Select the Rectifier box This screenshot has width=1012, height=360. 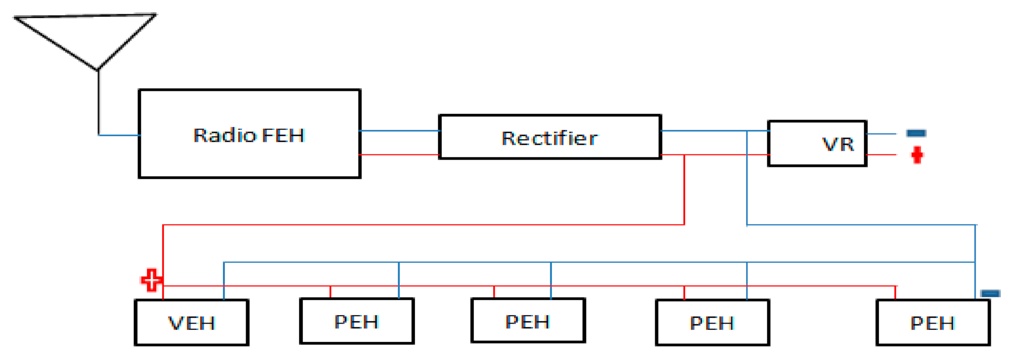[549, 137]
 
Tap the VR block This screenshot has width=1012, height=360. [817, 143]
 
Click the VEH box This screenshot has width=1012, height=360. [191, 323]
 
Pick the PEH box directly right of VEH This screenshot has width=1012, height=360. [357, 321]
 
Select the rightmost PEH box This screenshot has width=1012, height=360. [933, 323]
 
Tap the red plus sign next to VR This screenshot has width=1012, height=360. [917, 155]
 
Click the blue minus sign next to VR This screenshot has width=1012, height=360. [916, 133]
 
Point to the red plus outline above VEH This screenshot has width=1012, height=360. [152, 280]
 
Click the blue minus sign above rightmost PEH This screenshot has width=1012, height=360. [990, 293]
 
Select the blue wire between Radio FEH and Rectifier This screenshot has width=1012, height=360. [400, 130]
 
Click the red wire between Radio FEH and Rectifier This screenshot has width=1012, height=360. [400, 154]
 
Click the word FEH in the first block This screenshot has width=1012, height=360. [283, 136]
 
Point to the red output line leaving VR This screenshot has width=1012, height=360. [881, 154]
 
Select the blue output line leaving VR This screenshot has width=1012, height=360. [881, 134]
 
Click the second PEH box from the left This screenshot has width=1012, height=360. [528, 321]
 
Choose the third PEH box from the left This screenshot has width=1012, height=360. [712, 323]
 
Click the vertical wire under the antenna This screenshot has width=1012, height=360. [98, 102]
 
